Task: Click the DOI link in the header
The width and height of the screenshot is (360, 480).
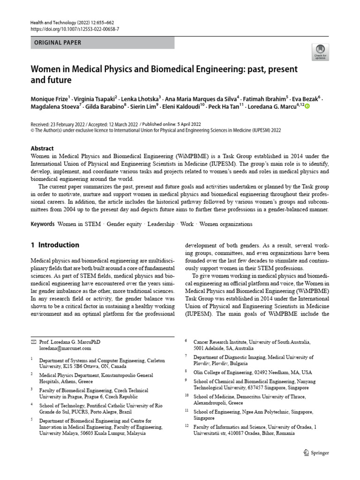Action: tap(75, 29)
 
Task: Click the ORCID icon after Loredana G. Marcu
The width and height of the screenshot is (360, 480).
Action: tap(307, 107)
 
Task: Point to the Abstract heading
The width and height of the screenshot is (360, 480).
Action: tap(42, 148)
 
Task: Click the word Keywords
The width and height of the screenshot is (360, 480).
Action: tap(43, 224)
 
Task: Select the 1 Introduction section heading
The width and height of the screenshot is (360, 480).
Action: tap(55, 245)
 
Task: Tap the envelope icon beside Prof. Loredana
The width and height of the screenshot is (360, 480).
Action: tap(33, 342)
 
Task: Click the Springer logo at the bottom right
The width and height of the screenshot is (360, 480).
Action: tap(317, 453)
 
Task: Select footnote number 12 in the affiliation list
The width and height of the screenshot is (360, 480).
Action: tap(186, 426)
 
